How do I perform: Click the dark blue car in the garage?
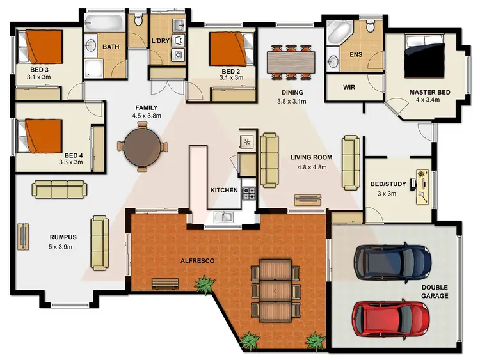pyautogui.click(x=392, y=260)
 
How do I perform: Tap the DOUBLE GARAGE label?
pyautogui.click(x=435, y=292)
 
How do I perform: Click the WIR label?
pyautogui.click(x=349, y=87)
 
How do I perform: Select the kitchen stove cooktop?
pyautogui.click(x=248, y=191)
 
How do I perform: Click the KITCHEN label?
pyautogui.click(x=224, y=191)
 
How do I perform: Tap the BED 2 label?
pyautogui.click(x=230, y=71)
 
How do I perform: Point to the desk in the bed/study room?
pyautogui.click(x=422, y=187)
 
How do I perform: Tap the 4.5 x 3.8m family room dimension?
pyautogui.click(x=146, y=116)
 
